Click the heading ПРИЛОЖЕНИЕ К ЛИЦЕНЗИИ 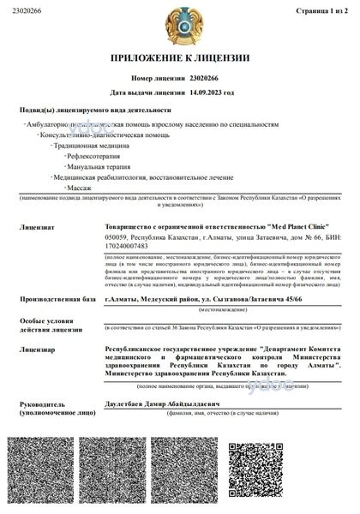click(x=179, y=58)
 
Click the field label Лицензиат click(x=35, y=228)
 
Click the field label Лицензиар click(x=36, y=350)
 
